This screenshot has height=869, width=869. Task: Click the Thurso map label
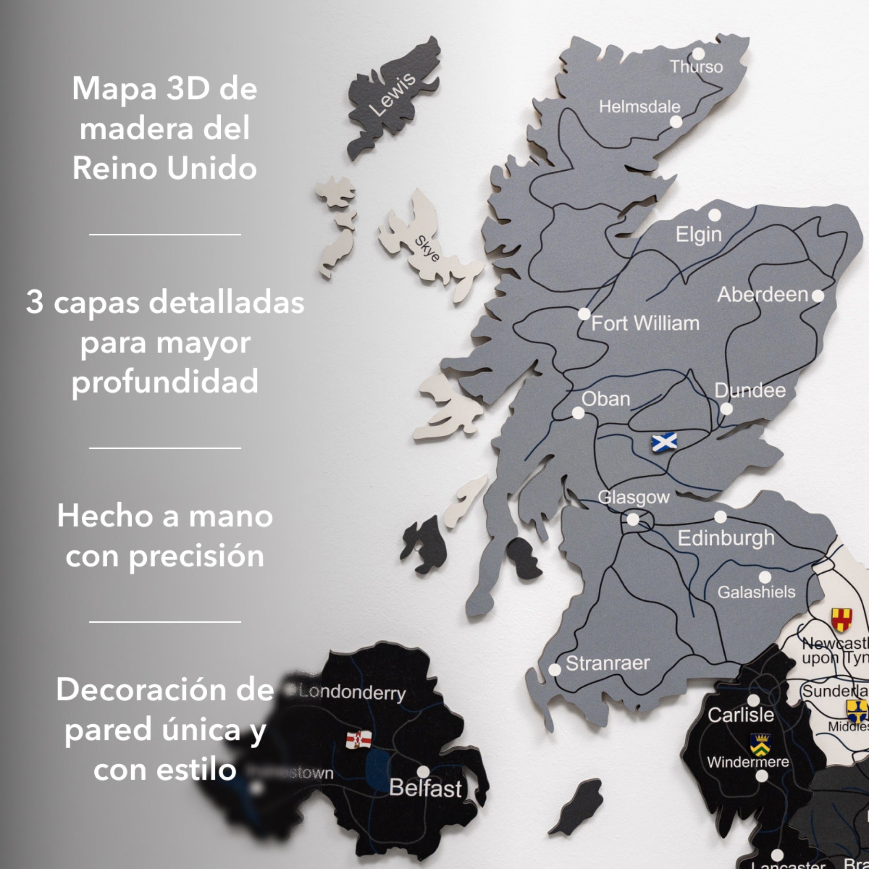(x=696, y=67)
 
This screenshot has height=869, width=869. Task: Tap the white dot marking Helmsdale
(x=676, y=122)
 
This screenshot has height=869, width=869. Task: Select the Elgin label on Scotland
(x=699, y=234)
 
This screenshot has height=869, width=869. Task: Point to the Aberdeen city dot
(x=818, y=296)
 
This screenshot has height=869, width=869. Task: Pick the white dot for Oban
(x=578, y=413)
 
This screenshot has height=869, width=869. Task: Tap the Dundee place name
(x=750, y=391)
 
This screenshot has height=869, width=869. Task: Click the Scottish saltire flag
(x=664, y=442)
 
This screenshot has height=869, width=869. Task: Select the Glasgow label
(x=634, y=497)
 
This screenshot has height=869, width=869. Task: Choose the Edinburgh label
(x=726, y=538)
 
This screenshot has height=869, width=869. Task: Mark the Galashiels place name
(x=756, y=592)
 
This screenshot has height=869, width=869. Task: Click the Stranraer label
(x=608, y=663)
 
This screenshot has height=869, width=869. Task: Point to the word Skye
(x=427, y=248)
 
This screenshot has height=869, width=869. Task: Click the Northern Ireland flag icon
(x=358, y=739)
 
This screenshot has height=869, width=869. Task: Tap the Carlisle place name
(x=741, y=714)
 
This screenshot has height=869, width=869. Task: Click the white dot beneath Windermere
(x=762, y=776)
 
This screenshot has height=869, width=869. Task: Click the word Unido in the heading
(x=212, y=169)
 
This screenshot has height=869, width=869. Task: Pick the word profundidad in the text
(x=165, y=381)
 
